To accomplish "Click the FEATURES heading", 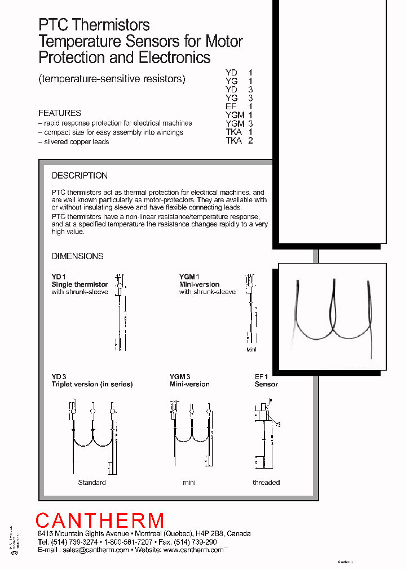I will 60,113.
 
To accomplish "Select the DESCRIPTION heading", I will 80,176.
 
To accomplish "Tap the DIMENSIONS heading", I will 78,256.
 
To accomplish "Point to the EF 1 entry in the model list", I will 239,106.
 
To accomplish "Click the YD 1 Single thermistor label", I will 80,284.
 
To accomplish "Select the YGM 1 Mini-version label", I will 199,284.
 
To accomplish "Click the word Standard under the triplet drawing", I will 92,483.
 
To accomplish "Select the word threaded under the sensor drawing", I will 266,483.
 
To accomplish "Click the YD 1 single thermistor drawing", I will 120,313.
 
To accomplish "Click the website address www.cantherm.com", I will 193,550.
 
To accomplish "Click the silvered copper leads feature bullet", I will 73,141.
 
